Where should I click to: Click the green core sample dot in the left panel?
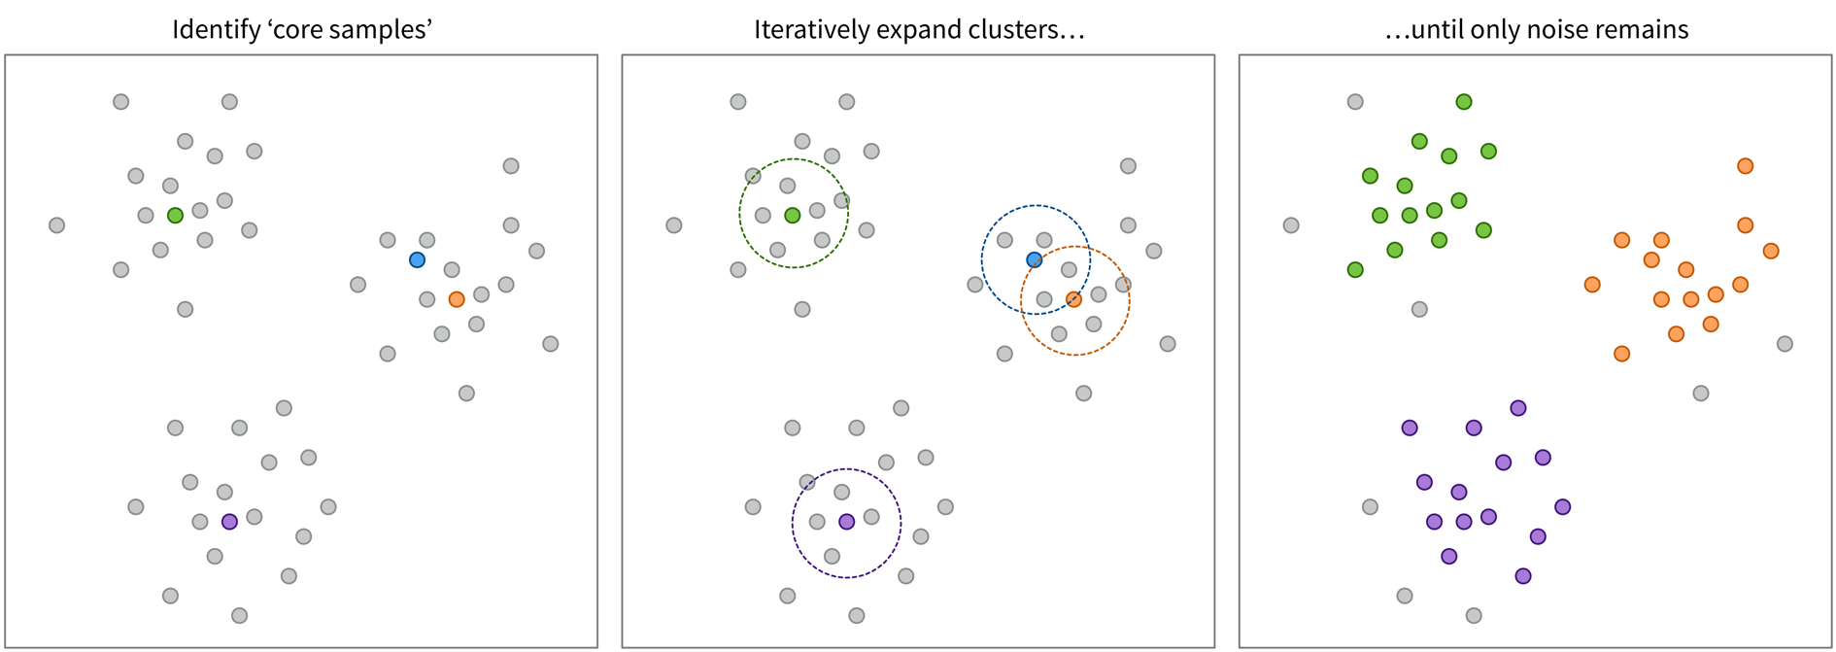coord(175,215)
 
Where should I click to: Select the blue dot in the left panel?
coord(417,259)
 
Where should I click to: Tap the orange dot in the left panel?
coord(457,299)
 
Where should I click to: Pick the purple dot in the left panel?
coord(229,522)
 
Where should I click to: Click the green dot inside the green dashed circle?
coord(792,215)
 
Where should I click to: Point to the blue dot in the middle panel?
coord(1035,259)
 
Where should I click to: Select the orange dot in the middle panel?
coord(1073,299)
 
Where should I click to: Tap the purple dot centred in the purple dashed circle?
coord(846,522)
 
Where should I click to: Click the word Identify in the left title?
coord(207,30)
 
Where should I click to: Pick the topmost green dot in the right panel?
coord(1464,102)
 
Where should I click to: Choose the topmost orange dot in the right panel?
coord(1745,166)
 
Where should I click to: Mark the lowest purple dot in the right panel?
coord(1523,576)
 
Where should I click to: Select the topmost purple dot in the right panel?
coord(1518,408)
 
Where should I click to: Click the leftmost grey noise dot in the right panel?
coord(1291,225)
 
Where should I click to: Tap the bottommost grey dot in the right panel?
coord(1474,615)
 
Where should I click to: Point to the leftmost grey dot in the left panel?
coord(56,225)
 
